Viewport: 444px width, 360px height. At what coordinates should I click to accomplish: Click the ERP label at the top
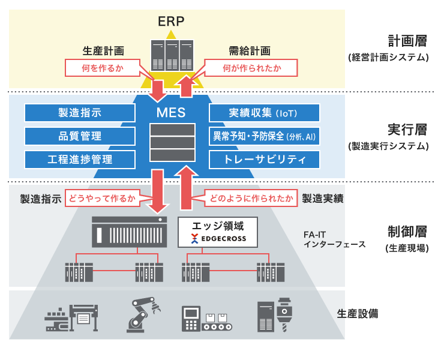point(171,22)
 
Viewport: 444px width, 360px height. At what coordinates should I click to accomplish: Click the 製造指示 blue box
point(79,113)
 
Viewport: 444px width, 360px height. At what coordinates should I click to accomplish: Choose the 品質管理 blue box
point(79,136)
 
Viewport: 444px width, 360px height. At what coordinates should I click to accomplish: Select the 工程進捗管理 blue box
point(79,159)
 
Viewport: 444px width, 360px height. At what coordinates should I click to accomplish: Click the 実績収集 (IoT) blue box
point(264,113)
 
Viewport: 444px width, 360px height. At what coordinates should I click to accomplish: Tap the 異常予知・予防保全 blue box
point(264,136)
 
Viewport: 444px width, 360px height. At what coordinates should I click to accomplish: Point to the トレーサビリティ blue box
point(264,159)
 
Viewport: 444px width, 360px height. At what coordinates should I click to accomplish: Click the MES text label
point(171,112)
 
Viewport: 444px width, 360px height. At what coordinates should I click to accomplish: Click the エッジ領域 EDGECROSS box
point(218,232)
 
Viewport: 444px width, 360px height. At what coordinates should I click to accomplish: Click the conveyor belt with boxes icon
point(206,318)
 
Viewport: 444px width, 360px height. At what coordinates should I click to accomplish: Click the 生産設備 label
point(358,313)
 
